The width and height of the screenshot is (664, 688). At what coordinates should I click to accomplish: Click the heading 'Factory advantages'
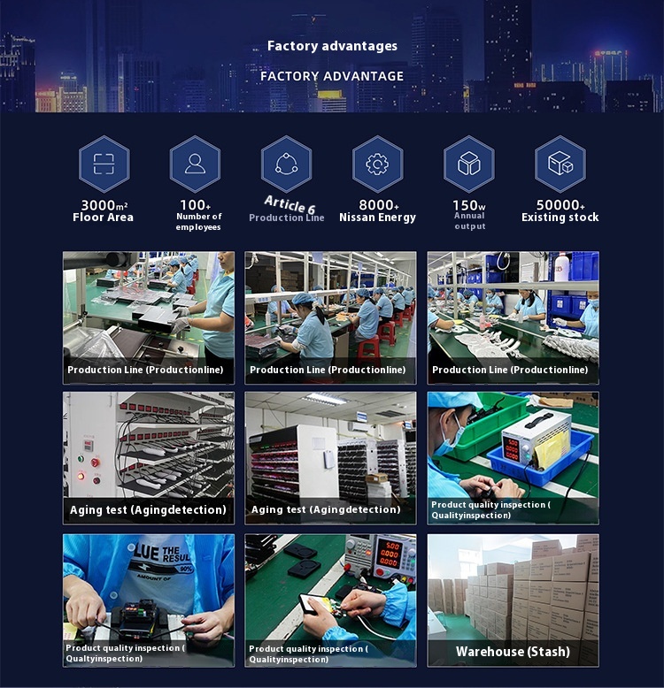pyautogui.click(x=332, y=46)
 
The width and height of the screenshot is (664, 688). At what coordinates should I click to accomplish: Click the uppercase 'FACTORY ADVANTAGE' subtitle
pyautogui.click(x=332, y=76)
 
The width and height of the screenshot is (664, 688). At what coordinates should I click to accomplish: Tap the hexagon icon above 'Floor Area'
pyautogui.click(x=104, y=164)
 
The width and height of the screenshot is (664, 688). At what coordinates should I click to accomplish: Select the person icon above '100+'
pyautogui.click(x=195, y=164)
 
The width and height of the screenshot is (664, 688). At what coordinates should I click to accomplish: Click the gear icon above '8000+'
pyautogui.click(x=377, y=164)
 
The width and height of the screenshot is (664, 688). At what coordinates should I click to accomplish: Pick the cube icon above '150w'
pyautogui.click(x=468, y=164)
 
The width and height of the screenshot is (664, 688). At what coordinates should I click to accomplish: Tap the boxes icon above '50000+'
pyautogui.click(x=560, y=164)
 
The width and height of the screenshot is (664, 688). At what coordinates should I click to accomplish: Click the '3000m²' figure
pyautogui.click(x=104, y=205)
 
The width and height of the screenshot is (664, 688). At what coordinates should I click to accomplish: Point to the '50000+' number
pyautogui.click(x=560, y=205)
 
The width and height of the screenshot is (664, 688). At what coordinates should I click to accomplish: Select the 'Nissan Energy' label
pyautogui.click(x=377, y=218)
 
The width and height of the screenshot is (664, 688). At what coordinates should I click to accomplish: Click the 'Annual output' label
pyautogui.click(x=469, y=221)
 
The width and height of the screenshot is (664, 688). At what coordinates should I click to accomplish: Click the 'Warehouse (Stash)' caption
pyautogui.click(x=513, y=652)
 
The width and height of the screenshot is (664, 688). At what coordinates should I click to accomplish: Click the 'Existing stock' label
pyautogui.click(x=560, y=218)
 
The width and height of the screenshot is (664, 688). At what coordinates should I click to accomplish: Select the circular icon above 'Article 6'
pyautogui.click(x=286, y=164)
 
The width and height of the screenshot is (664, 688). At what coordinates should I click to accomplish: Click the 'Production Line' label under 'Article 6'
pyautogui.click(x=286, y=218)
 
